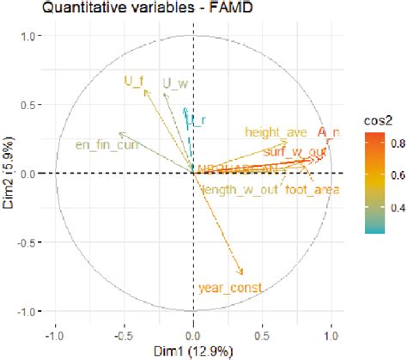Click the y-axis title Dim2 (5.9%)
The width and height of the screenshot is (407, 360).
[8, 174]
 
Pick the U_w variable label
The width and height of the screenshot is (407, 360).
[175, 83]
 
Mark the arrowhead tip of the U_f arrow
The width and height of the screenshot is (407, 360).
[139, 89]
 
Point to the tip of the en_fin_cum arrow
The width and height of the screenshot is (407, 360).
[119, 133]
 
